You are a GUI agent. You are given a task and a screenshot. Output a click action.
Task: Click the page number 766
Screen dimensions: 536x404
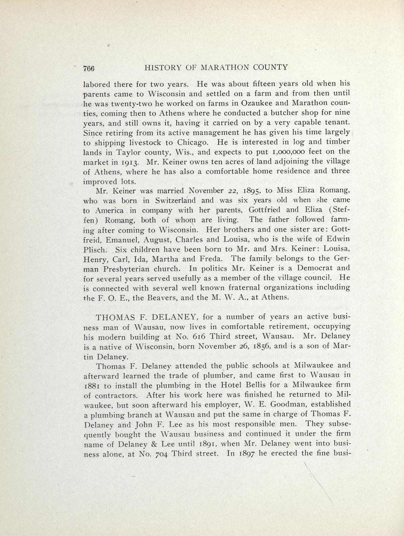(x=89, y=68)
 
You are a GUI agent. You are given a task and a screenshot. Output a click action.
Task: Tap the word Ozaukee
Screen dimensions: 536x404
(x=260, y=103)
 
